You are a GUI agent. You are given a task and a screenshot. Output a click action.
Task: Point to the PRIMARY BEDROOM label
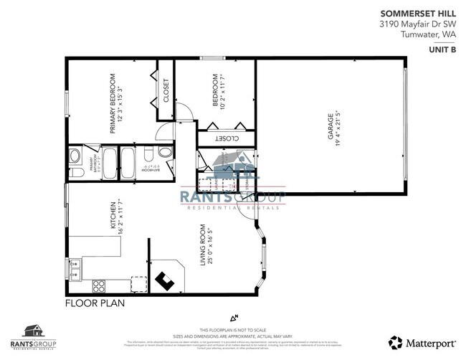113,103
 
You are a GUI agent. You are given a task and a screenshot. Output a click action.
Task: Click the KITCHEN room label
113,215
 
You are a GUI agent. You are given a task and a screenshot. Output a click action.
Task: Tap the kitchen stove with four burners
98,285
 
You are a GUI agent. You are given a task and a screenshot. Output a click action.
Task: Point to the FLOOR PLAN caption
95,303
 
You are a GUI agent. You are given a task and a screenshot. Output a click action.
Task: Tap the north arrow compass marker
233,317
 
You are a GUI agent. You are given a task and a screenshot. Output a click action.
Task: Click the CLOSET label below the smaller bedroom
226,138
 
